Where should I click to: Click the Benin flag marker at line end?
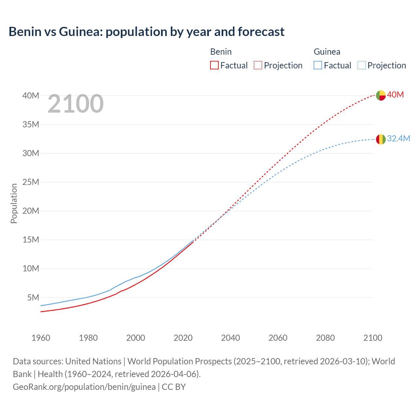381,95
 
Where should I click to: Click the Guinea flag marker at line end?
381,139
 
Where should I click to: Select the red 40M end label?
395,95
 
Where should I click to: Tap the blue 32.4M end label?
398,139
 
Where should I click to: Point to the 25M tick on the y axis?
31,182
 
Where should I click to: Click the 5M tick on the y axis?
33,298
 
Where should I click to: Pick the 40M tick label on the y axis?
31,96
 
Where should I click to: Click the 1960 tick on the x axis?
41,338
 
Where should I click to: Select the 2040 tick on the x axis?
230,338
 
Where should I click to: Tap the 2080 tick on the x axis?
325,338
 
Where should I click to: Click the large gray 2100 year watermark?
76,104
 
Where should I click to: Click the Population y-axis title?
14,203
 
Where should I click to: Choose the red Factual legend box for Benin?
214,65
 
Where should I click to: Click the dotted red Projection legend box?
258,65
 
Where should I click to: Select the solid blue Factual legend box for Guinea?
318,65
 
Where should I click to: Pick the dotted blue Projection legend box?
361,65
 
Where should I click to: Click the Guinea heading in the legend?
327,52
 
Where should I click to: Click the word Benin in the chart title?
25,32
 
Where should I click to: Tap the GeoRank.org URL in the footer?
84,387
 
